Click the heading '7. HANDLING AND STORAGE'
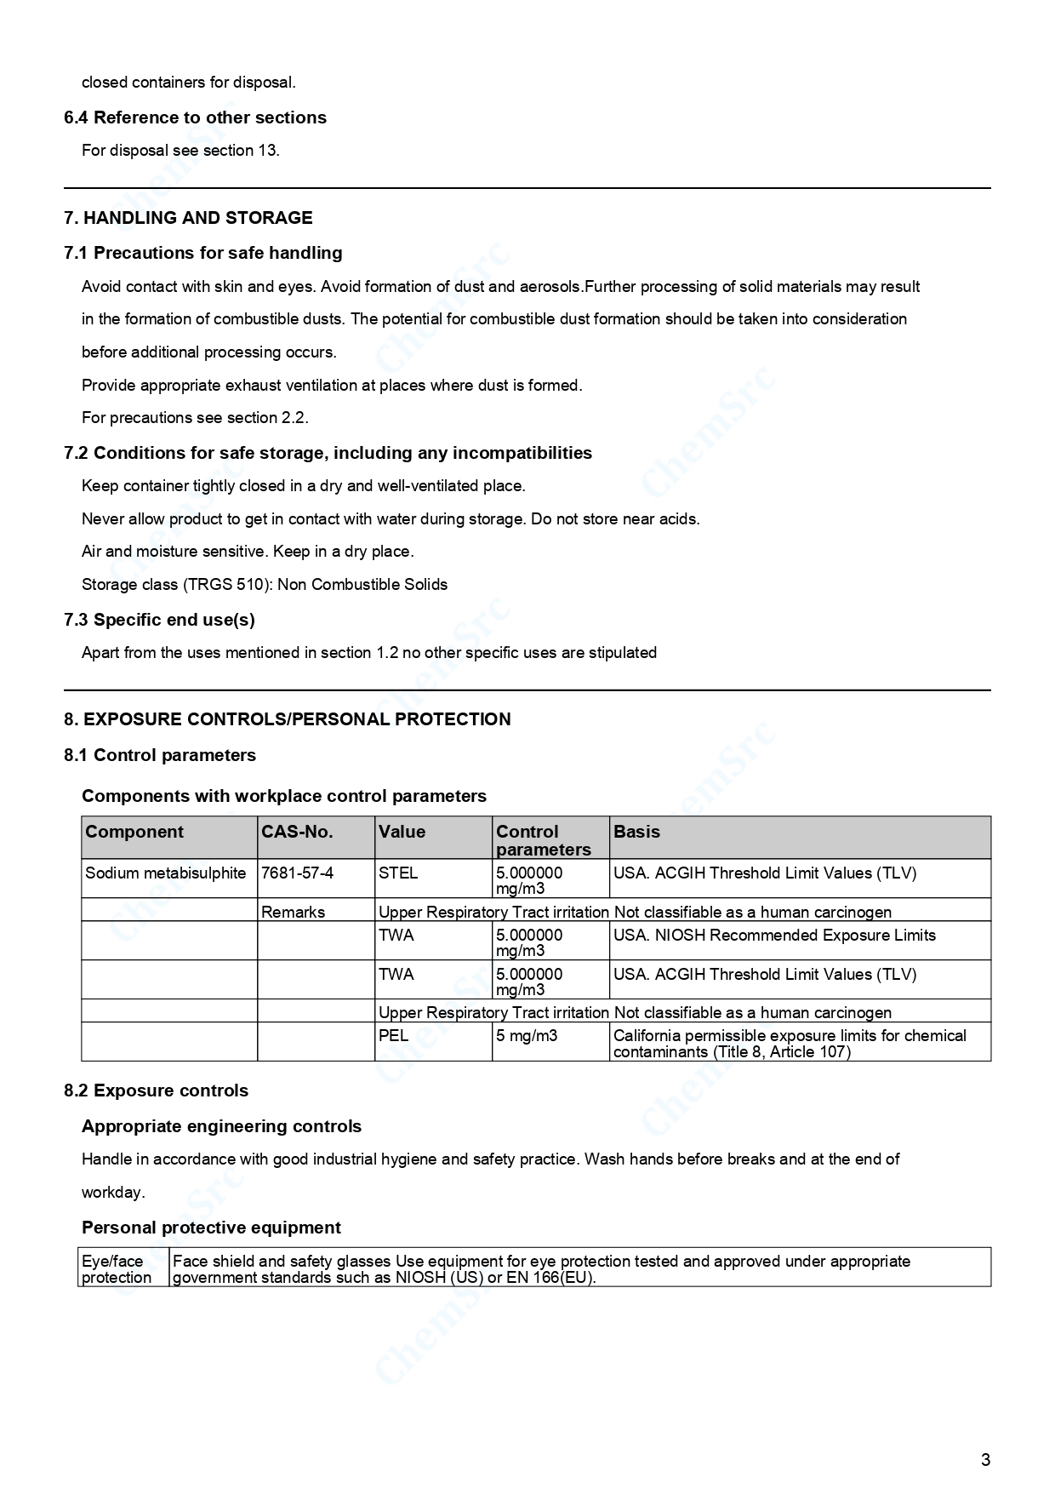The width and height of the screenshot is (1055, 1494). (188, 218)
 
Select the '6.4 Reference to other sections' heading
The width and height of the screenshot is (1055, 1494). (195, 117)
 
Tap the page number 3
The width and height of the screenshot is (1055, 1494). (985, 1460)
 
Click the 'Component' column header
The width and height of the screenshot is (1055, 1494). (134, 832)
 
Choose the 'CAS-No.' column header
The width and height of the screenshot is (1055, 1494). (297, 832)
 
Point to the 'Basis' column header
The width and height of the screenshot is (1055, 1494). (636, 832)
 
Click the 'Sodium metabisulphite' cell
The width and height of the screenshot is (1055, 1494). (166, 873)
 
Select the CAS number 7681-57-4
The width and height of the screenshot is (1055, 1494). (297, 873)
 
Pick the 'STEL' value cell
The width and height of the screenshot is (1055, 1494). (398, 873)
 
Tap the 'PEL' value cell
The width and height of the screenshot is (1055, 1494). (393, 1036)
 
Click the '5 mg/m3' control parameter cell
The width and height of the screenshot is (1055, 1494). (527, 1036)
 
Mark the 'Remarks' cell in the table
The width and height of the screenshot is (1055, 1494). (293, 913)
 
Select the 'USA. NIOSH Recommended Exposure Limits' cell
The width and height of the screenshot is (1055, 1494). (774, 936)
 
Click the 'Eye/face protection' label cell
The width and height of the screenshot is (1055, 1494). (117, 1269)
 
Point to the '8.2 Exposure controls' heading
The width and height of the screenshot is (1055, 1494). (157, 1090)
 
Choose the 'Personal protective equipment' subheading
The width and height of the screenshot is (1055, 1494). (211, 1228)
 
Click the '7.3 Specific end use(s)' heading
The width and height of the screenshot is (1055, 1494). (159, 620)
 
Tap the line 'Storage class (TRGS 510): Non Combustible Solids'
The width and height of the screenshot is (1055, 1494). (265, 585)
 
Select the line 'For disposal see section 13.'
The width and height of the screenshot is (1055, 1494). (180, 151)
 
